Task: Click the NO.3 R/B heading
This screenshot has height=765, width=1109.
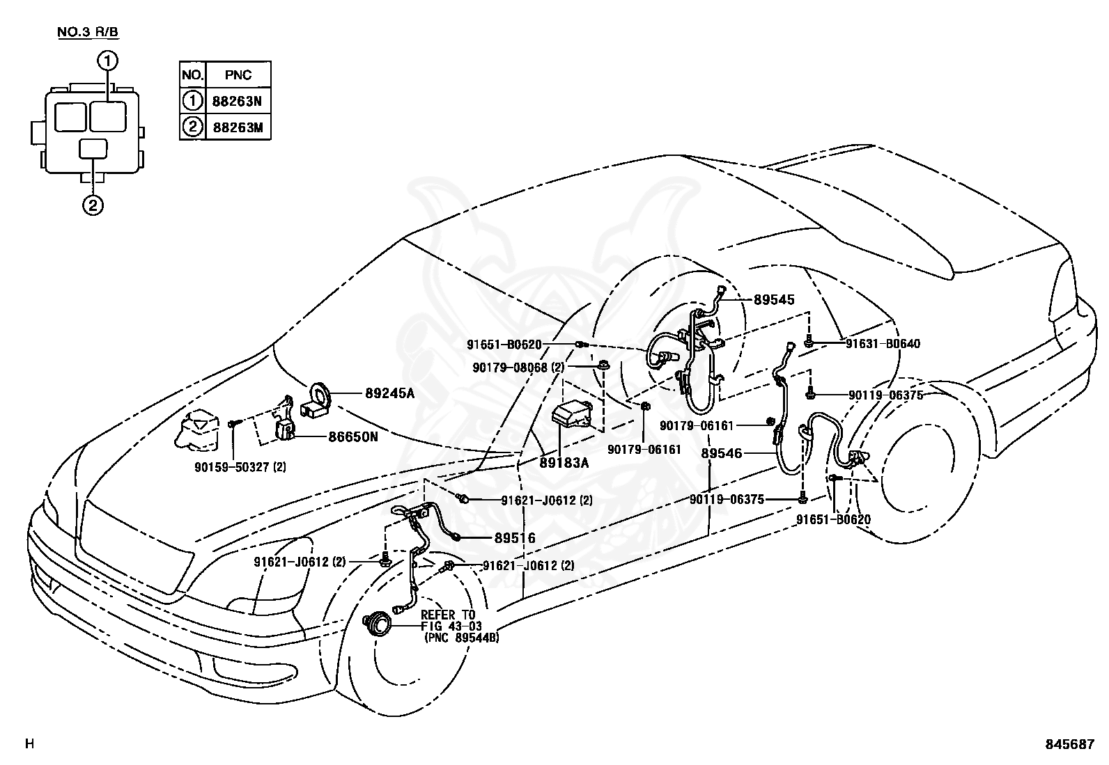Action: [x=88, y=33]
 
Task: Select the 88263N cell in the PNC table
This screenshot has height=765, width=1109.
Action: [x=237, y=102]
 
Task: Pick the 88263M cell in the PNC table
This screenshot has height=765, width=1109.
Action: [x=238, y=127]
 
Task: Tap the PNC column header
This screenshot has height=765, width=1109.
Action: [x=238, y=75]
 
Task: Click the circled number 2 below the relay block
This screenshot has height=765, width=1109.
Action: [x=93, y=205]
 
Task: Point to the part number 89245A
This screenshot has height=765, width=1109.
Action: [x=389, y=393]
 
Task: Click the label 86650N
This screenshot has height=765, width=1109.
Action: [x=353, y=437]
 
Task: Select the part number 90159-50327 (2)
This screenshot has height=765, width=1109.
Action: [x=240, y=467]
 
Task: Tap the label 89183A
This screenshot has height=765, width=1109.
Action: [x=564, y=463]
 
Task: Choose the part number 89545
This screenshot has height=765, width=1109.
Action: [x=774, y=300]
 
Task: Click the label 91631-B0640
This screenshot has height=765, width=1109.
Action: [x=883, y=344]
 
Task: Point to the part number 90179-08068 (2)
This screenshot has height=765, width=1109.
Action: [x=518, y=368]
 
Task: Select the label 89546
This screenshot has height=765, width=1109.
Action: [x=722, y=453]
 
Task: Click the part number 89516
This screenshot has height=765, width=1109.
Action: [x=515, y=538]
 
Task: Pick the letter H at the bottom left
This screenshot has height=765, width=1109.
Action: [x=30, y=743]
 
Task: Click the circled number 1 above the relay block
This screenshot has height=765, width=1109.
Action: [x=108, y=61]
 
